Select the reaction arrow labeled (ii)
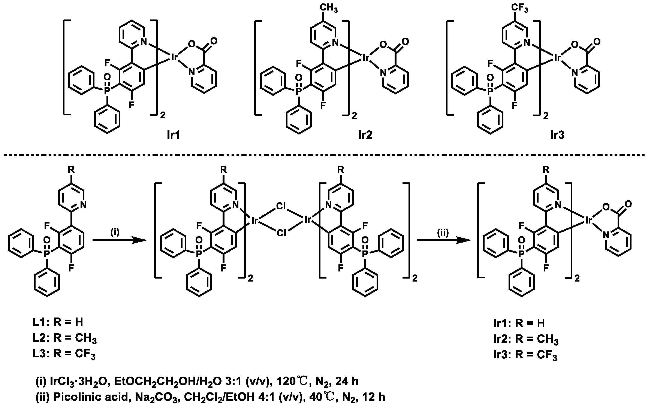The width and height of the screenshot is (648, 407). pyautogui.click(x=444, y=241)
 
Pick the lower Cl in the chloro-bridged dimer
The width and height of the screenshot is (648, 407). pyautogui.click(x=281, y=233)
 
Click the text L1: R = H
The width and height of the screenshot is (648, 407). pyautogui.click(x=58, y=322)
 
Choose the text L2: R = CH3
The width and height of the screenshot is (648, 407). pyautogui.click(x=64, y=338)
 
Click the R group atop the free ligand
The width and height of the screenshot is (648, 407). pyautogui.click(x=71, y=170)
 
